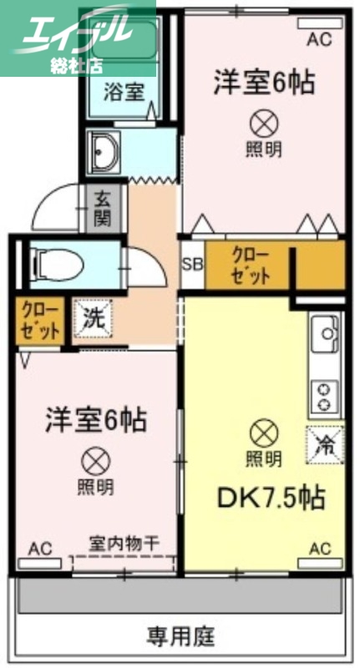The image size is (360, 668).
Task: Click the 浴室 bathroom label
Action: click(124, 92)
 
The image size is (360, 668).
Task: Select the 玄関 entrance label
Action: click(103, 209)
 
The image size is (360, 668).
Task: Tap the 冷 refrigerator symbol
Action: click(324, 443)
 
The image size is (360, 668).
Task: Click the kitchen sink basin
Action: click(324, 339)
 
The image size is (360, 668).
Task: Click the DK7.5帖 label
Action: click(259, 498)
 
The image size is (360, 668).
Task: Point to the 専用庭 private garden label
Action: click(181, 637)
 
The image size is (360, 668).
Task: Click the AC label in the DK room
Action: click(320, 548)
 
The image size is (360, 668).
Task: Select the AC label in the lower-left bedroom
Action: click(40, 548)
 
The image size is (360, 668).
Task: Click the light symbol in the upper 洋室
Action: click(262, 124)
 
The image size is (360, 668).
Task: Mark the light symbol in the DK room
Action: click(262, 433)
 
